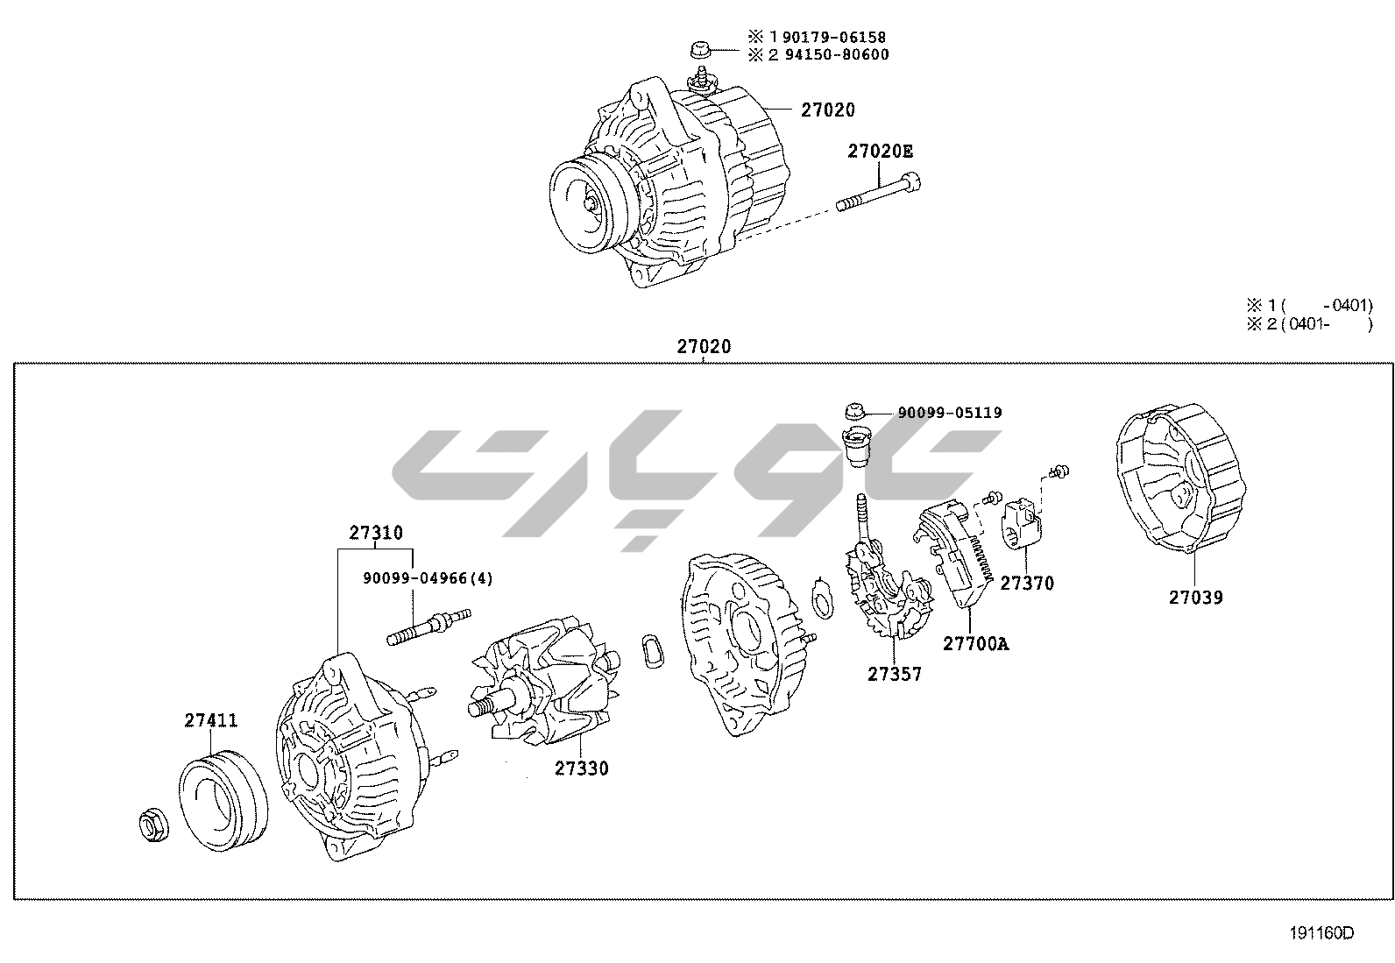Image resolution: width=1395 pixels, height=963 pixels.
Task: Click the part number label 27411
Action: point(210,720)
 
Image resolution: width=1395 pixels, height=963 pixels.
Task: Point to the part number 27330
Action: point(581,768)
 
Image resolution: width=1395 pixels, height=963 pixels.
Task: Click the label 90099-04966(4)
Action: point(428,578)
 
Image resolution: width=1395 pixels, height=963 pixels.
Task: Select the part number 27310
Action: point(376,532)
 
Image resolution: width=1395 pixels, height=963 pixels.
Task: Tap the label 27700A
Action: point(975,644)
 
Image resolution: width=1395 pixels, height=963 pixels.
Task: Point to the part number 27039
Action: point(1195,598)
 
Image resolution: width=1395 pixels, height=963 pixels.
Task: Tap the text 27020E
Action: point(880,152)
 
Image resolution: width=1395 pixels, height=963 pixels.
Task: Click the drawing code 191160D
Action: point(1321,933)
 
